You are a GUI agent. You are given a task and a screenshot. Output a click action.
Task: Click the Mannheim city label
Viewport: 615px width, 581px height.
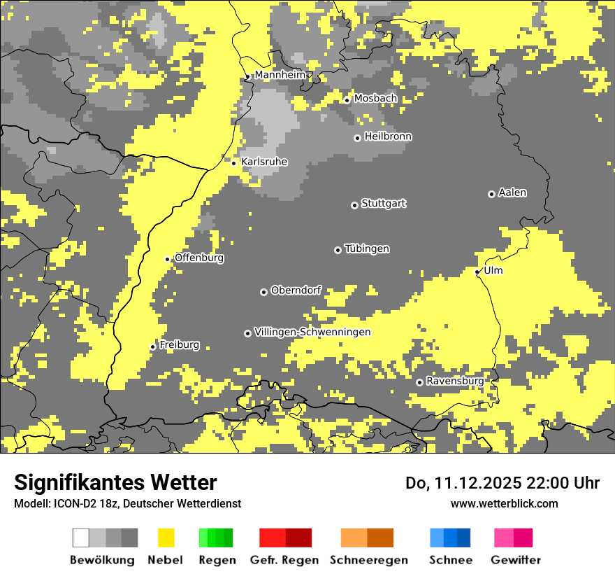(280, 75)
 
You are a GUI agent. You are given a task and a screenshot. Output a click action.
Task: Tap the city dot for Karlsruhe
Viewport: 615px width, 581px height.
(234, 163)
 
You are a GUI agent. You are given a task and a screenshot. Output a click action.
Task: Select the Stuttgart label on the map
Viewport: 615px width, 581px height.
(383, 204)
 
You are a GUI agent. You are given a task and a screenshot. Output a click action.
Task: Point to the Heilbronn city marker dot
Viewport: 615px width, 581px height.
(357, 138)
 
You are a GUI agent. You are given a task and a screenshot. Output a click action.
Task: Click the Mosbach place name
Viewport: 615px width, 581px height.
(375, 99)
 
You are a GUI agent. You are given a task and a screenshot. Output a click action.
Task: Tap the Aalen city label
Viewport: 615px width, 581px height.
(512, 192)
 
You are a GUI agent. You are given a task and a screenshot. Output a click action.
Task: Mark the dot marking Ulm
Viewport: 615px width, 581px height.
(477, 272)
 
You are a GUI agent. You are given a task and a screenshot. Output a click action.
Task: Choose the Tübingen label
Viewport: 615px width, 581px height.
(367, 249)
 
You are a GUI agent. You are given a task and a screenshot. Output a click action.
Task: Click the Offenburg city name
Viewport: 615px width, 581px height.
(199, 258)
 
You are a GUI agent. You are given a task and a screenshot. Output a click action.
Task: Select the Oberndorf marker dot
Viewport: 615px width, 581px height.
(263, 292)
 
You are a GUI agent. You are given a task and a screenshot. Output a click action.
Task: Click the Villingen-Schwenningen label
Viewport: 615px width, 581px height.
(312, 332)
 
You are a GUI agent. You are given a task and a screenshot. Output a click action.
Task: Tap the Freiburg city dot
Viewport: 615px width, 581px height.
(153, 346)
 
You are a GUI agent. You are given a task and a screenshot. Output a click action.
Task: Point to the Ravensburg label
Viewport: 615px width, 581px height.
(455, 381)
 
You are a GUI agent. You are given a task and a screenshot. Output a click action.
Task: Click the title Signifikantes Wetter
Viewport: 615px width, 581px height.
(115, 482)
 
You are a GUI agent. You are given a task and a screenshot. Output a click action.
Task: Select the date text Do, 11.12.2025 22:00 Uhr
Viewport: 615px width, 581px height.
(502, 483)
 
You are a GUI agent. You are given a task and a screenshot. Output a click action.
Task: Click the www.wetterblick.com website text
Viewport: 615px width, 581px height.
(504, 503)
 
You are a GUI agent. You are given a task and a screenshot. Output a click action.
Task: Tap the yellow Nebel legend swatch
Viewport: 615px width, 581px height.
(166, 538)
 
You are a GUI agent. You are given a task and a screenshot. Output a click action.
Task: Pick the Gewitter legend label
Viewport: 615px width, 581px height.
(515, 560)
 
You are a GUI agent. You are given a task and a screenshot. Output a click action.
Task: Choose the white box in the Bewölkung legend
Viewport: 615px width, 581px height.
(80, 538)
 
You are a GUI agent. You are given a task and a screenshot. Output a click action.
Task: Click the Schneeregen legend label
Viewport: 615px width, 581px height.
(368, 560)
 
